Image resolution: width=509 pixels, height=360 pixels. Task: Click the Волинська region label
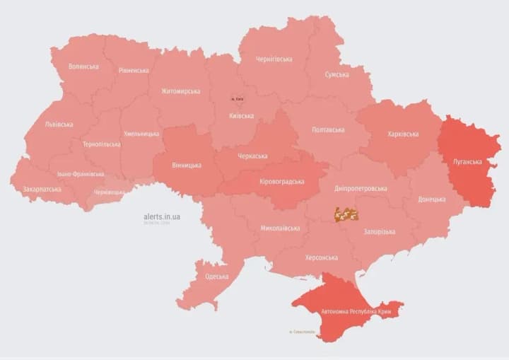83,66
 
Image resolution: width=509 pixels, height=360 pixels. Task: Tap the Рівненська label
134,70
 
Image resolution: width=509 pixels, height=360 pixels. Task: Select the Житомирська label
180,91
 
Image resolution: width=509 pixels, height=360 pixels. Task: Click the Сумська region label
337,74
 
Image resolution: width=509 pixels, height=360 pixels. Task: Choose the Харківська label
403,134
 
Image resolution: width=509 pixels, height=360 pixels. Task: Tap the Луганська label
467,161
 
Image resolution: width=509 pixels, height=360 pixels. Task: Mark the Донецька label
432,199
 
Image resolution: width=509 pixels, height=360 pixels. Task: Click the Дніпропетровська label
361,189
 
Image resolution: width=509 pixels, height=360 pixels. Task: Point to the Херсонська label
321,257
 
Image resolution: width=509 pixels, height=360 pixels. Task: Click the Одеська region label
216,276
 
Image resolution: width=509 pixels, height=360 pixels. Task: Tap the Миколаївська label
280,228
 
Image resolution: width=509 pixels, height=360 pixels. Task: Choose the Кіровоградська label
282,181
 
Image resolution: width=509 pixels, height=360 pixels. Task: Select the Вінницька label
187,165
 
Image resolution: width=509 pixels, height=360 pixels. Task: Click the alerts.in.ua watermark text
162,216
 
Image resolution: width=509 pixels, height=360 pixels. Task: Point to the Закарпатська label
42,189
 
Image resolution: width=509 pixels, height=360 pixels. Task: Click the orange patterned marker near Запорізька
346,213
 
